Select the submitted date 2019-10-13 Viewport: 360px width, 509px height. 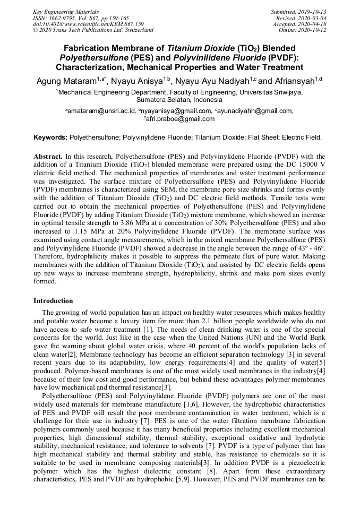coord(310,11)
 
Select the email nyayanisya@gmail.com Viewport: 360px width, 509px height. coord(177,111)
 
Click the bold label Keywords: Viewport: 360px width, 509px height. coord(50,137)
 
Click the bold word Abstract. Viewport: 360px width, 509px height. coord(48,158)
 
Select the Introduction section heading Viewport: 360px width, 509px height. coord(53,301)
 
